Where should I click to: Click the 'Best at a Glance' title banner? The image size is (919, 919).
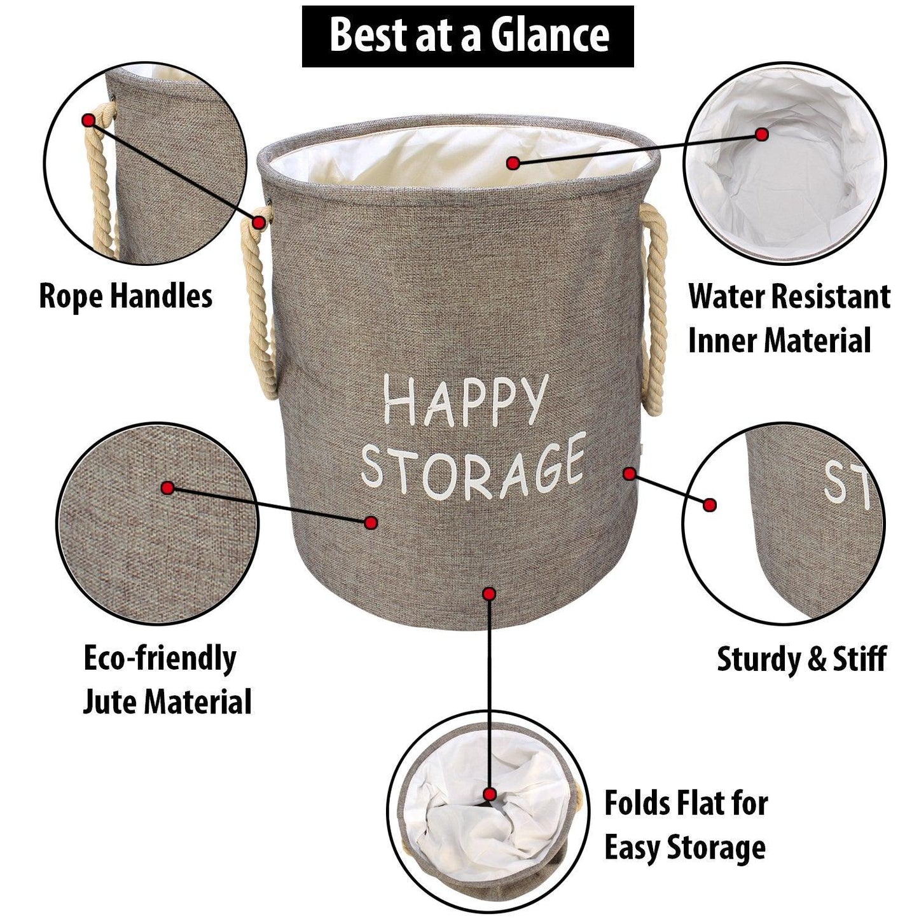[467, 36]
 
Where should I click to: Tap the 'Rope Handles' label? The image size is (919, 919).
[125, 296]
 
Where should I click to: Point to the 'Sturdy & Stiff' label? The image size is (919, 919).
[802, 659]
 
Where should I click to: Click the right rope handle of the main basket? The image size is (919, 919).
[653, 309]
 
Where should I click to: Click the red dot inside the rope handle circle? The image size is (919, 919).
[88, 120]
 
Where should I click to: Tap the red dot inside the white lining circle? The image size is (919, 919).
[762, 134]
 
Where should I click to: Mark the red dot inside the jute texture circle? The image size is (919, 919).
[167, 487]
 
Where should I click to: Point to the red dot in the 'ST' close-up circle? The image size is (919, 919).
[710, 505]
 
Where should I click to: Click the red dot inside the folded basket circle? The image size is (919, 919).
[489, 795]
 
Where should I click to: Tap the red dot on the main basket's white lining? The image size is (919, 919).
[513, 163]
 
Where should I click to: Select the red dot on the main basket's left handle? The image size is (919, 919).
[259, 222]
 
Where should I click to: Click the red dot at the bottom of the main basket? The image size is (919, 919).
[489, 594]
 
